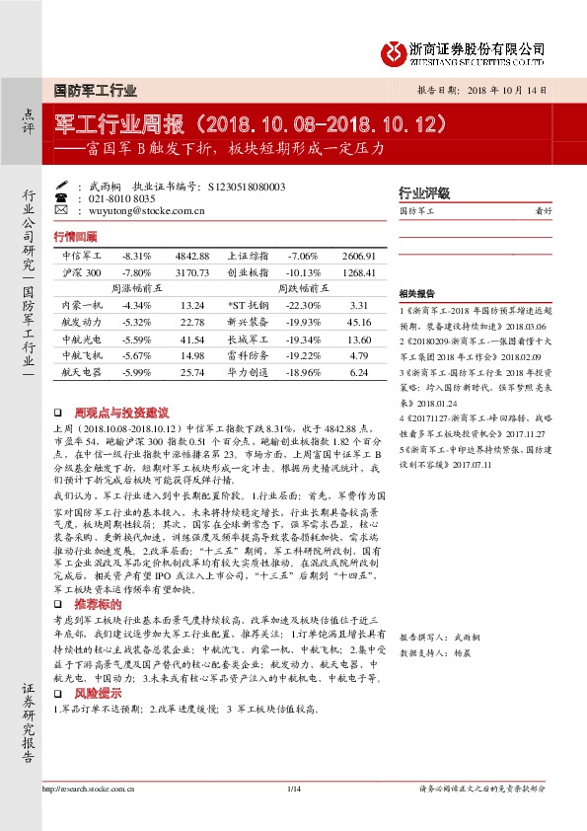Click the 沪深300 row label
[x=81, y=271]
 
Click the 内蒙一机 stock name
[x=80, y=306]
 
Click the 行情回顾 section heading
[x=76, y=237]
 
